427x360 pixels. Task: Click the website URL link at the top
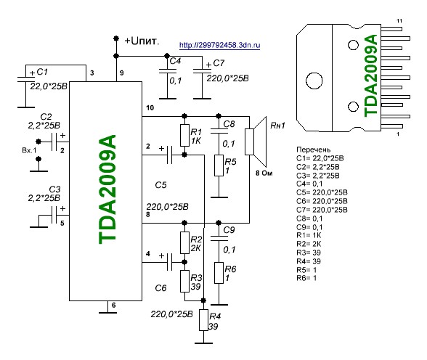click(x=219, y=45)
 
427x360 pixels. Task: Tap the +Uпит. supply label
click(x=142, y=41)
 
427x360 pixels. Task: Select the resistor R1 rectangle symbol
click(x=184, y=135)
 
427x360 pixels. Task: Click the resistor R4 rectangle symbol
click(x=203, y=320)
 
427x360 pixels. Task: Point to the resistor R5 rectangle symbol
click(x=219, y=165)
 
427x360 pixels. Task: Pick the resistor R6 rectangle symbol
click(x=219, y=273)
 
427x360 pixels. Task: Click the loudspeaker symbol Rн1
click(x=256, y=142)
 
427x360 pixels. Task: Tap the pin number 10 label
click(x=150, y=107)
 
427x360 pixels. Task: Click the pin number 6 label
click(x=113, y=305)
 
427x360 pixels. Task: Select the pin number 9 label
click(x=122, y=73)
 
